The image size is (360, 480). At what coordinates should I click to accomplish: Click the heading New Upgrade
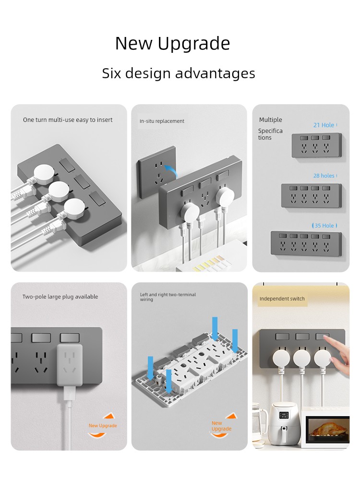click(172, 44)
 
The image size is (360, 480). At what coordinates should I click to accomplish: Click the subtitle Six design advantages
click(179, 73)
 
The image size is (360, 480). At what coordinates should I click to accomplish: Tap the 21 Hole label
click(324, 125)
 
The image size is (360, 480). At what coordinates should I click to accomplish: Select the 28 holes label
click(324, 176)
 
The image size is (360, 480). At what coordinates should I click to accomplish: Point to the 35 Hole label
click(324, 226)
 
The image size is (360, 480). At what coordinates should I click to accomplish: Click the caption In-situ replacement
click(162, 121)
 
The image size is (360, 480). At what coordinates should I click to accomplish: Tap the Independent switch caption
click(282, 299)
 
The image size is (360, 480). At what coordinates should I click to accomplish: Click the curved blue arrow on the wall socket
click(171, 171)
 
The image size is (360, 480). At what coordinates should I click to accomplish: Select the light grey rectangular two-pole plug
click(70, 365)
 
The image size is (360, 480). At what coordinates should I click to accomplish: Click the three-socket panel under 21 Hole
click(316, 145)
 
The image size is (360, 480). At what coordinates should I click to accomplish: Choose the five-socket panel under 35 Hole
click(306, 243)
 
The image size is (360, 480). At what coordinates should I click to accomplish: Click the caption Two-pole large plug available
click(60, 297)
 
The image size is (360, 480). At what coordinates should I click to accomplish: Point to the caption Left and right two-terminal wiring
click(168, 297)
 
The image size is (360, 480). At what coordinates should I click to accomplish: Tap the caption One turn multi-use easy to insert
click(68, 120)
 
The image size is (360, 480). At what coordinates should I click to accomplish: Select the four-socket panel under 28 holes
click(312, 196)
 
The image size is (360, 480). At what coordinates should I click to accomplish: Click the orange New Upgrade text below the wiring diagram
click(221, 426)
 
